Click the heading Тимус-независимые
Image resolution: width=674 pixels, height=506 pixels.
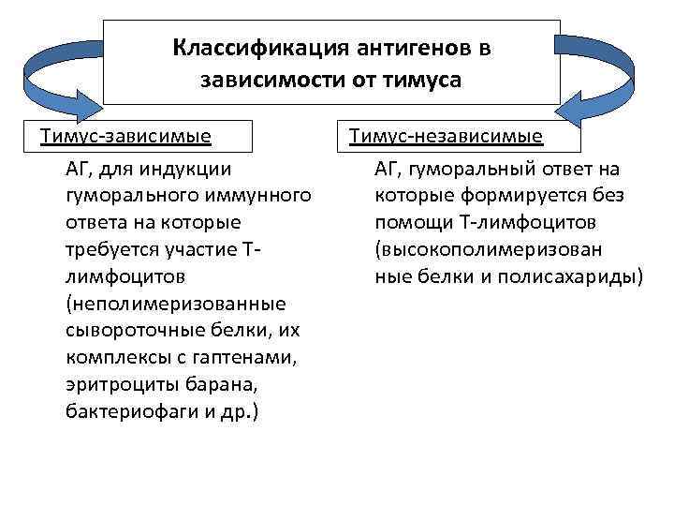(x=446, y=137)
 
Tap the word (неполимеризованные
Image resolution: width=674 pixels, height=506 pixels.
(x=176, y=305)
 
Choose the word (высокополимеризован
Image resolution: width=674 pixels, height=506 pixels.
(x=488, y=250)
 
